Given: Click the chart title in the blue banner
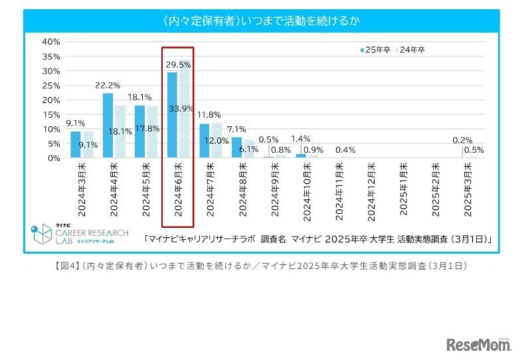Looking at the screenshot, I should (x=261, y=20).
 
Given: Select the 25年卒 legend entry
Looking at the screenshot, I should (x=376, y=50).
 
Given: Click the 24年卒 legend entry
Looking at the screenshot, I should (x=412, y=50).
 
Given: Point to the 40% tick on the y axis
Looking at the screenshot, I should (x=51, y=41).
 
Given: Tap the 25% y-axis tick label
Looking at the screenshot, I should (x=51, y=85).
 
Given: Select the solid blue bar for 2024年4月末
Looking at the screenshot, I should (x=108, y=126).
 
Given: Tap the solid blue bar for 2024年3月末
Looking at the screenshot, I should (x=75, y=145).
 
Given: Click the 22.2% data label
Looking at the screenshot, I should (x=107, y=85).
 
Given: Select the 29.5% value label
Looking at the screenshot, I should (x=179, y=64).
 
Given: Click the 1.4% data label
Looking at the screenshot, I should (x=301, y=139).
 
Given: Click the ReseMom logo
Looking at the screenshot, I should (x=477, y=344).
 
